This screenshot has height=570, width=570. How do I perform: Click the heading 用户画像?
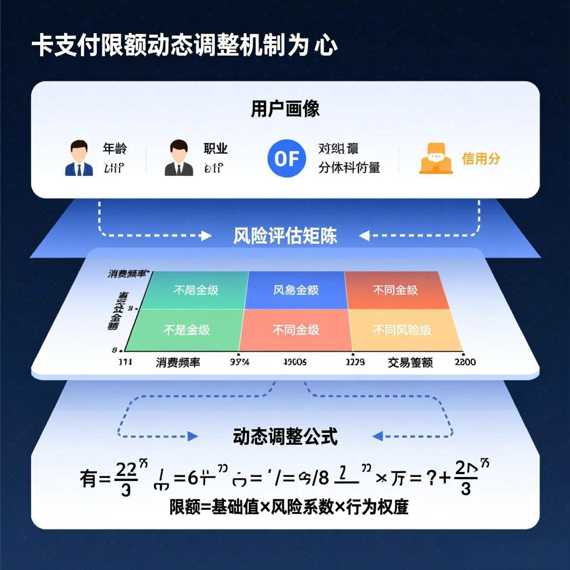pos(285,109)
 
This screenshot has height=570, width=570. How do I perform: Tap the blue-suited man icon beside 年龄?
pos(79,158)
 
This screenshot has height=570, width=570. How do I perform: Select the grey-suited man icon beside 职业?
pos(179,158)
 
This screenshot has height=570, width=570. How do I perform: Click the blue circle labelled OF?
pos(287,158)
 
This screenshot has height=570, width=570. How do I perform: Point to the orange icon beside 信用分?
pos(435,159)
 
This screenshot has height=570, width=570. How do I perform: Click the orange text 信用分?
pos(481,159)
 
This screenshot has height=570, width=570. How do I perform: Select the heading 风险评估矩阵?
pos(285,236)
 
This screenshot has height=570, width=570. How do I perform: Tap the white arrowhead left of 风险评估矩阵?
pos(207,236)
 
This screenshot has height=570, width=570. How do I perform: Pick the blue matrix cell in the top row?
pos(296,290)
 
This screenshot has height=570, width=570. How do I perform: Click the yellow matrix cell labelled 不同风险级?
pos(403,330)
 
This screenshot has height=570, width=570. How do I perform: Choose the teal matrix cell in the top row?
pos(196,290)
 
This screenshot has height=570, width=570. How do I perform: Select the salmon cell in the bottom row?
pos(296,330)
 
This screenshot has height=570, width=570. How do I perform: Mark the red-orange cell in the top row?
pos(396,290)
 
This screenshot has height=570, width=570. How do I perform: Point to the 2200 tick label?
pos(465,362)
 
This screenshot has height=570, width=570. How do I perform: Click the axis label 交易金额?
pos(410,362)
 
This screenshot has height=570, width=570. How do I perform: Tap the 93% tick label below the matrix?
pos(239,362)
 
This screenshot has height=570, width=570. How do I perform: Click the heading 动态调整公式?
pos(285,437)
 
